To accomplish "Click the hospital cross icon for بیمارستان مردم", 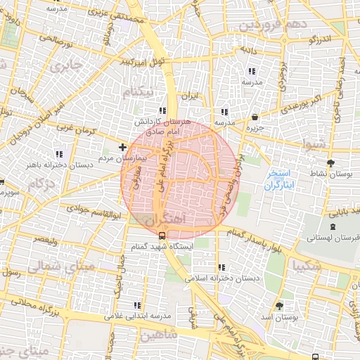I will [x=123, y=147].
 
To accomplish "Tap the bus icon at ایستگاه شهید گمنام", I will [x=162, y=236].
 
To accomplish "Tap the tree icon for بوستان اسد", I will [x=280, y=305].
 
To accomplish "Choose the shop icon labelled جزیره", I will [x=254, y=117].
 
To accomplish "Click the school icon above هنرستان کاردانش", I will [x=162, y=110].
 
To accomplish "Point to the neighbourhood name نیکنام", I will [x=136, y=93].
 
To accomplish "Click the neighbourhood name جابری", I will [x=69, y=66].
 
